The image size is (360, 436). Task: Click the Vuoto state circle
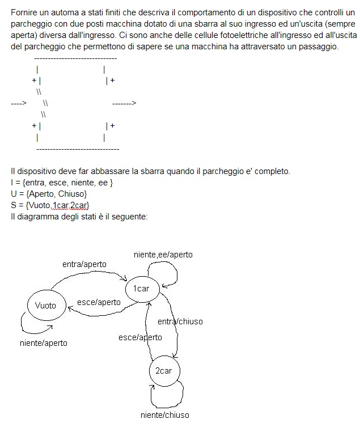pos(46,305)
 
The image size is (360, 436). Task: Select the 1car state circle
pos(141,289)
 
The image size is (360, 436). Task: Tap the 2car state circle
pos(163,371)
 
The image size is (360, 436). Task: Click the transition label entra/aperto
pos(84,264)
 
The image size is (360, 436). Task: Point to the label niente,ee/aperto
pos(163,255)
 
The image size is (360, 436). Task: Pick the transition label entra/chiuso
pos(180,321)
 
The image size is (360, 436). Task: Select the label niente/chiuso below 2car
pos(164,415)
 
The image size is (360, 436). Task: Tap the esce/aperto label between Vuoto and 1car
pos(99,302)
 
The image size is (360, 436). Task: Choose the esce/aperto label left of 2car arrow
pos(140,337)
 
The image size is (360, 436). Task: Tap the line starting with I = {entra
pos(62,182)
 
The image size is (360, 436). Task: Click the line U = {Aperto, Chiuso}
pos(48,193)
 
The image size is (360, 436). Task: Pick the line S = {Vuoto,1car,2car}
pos(50,205)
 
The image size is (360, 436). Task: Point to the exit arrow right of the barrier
pos(124,104)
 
